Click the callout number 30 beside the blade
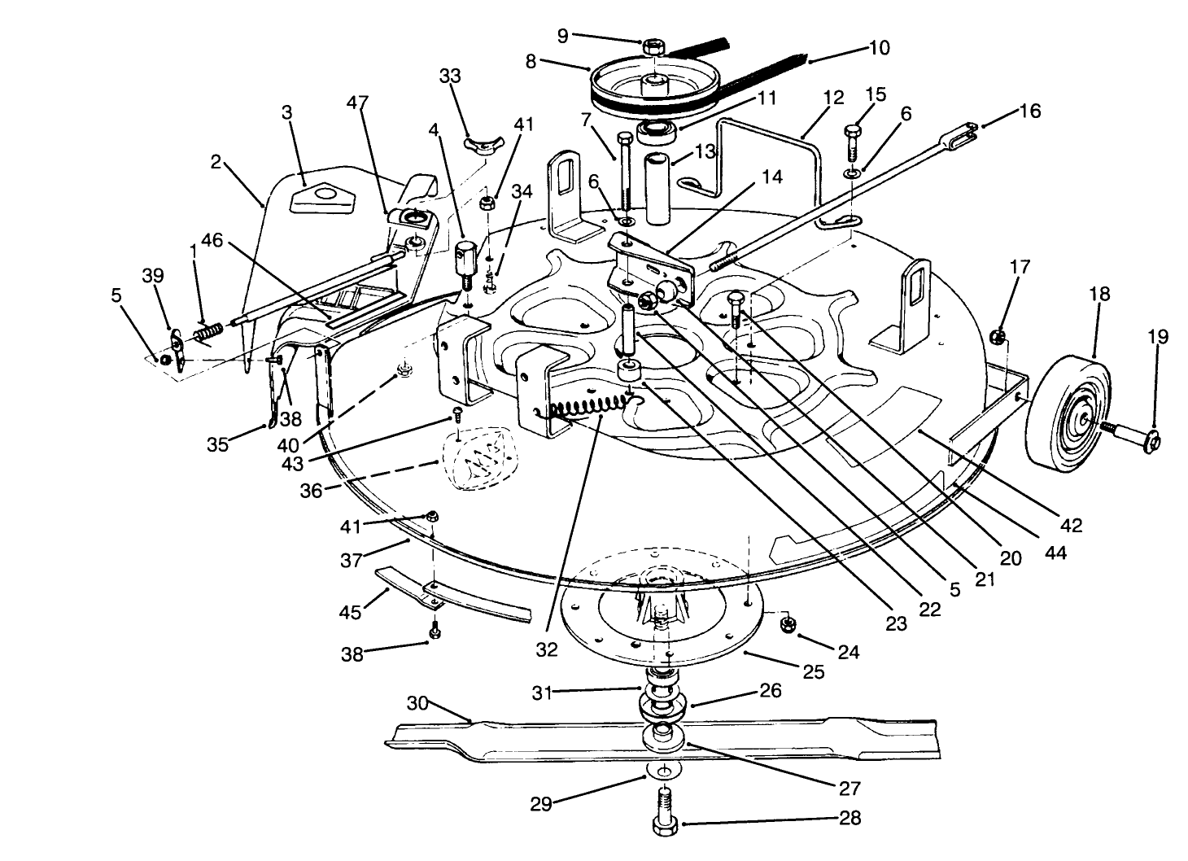click(417, 704)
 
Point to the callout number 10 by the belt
click(880, 47)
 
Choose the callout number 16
click(1030, 110)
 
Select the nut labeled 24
click(787, 624)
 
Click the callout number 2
click(216, 162)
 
